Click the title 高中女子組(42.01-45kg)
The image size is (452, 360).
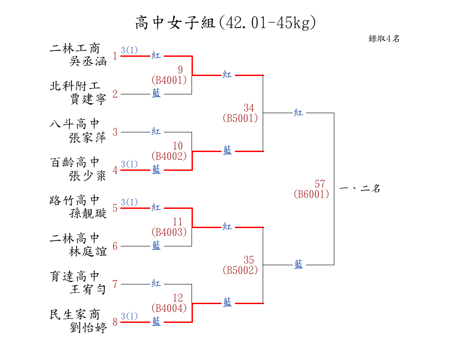pyautogui.click(x=226, y=22)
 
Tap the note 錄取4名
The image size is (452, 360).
pyautogui.click(x=384, y=39)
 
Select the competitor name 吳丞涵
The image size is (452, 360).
pyautogui.click(x=88, y=61)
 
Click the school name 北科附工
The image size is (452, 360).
pyautogui.click(x=75, y=86)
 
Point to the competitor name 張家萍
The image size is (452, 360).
pyautogui.click(x=88, y=137)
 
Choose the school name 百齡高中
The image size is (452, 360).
pyautogui.click(x=75, y=162)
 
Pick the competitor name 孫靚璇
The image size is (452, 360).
pyautogui.click(x=88, y=213)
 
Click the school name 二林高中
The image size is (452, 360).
pyautogui.click(x=75, y=238)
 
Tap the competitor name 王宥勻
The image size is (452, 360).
pyautogui.click(x=88, y=289)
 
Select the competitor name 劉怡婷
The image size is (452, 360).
pyautogui.click(x=88, y=328)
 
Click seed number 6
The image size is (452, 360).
pyautogui.click(x=115, y=246)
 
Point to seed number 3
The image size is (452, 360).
pyautogui.click(x=115, y=132)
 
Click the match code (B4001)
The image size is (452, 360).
pyautogui.click(x=169, y=80)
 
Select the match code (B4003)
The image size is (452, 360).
pyautogui.click(x=169, y=232)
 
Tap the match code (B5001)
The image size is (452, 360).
pyautogui.click(x=240, y=118)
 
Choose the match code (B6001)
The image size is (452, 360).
pyautogui.click(x=311, y=194)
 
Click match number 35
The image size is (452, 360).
pyautogui.click(x=249, y=260)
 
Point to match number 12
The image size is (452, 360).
pyautogui.click(x=178, y=298)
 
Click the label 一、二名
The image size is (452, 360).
pyautogui.click(x=360, y=189)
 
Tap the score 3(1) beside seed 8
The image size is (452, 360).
pyautogui.click(x=129, y=316)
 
